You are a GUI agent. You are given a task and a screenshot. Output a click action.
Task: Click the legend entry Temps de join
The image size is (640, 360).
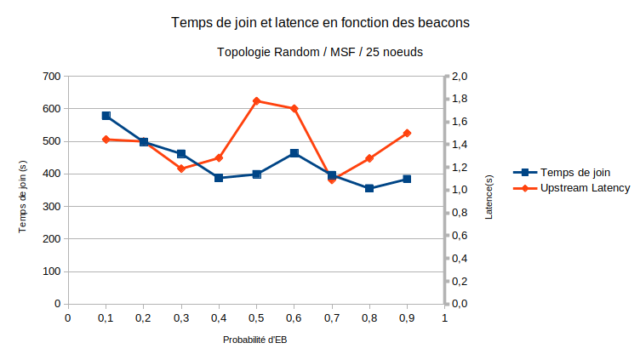pyautogui.click(x=575, y=172)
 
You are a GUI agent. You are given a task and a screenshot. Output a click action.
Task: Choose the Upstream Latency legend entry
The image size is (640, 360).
pyautogui.click(x=585, y=187)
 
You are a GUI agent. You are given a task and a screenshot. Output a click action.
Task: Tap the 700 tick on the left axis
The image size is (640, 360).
pyautogui.click(x=52, y=77)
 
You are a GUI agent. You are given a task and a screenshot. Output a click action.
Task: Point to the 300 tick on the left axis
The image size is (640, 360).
pyautogui.click(x=52, y=207)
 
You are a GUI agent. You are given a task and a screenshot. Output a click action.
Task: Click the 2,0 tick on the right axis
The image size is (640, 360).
pyautogui.click(x=460, y=77)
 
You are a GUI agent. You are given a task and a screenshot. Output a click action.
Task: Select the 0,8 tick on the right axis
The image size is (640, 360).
pyautogui.click(x=460, y=213)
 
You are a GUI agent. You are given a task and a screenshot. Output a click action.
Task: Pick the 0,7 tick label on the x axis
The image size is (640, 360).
pyautogui.click(x=331, y=318)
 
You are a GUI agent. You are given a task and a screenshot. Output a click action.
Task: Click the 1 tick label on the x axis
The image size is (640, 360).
pyautogui.click(x=444, y=318)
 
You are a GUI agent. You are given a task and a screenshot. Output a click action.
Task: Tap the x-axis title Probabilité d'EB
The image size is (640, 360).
pyautogui.click(x=255, y=340)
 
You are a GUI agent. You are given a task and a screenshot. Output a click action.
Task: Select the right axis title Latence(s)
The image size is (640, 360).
pyautogui.click(x=489, y=197)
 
